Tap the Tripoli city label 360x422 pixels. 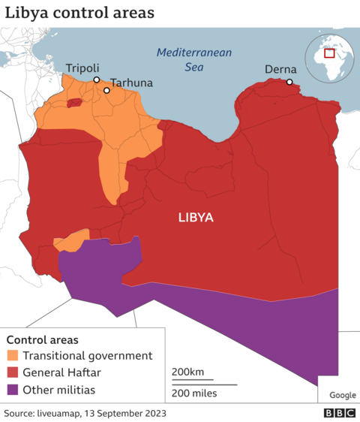tap(82, 68)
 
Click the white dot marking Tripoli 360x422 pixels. tap(96, 80)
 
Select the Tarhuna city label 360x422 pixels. tap(132, 83)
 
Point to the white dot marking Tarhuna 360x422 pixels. tap(106, 91)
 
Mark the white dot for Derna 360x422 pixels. tap(289, 82)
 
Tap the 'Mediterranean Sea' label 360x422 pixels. tap(194, 59)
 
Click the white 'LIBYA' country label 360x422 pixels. tap(196, 218)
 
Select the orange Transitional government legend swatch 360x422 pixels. tap(13, 356)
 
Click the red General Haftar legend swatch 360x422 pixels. tap(13, 373)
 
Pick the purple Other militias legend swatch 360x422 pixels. tap(13, 390)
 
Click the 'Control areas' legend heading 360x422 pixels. tap(42, 339)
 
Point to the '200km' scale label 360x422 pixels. tap(187, 372)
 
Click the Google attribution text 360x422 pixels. tap(342, 395)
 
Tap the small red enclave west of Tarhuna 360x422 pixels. tap(74, 103)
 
